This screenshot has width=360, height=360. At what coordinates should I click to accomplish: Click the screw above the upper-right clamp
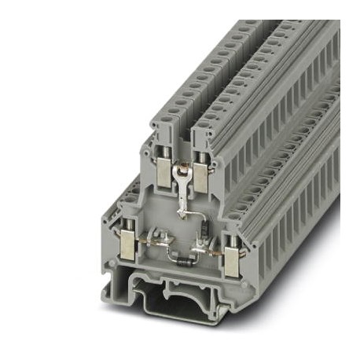[x=202, y=156]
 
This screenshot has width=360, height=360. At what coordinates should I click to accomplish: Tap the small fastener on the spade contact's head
[x=182, y=167]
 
